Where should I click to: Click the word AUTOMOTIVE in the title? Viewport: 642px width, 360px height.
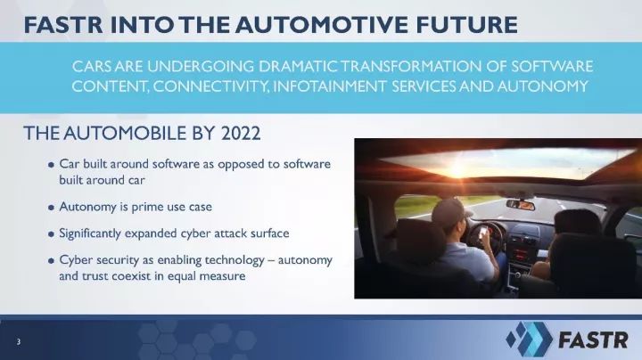coord(322,25)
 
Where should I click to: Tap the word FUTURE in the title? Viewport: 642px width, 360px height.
coord(466,25)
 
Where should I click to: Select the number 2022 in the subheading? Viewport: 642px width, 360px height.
coord(241,134)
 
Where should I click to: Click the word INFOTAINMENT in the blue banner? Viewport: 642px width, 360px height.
coord(330,86)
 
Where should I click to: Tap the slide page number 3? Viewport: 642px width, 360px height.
coord(19,341)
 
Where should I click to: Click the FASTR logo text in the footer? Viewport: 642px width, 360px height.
coord(593,340)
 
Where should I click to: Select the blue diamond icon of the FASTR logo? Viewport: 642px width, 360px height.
coord(529,339)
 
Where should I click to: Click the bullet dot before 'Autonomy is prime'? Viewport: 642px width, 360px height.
coord(51,208)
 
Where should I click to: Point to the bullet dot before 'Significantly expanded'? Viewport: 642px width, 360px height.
coord(51,234)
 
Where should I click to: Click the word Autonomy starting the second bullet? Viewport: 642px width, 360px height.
coord(88,207)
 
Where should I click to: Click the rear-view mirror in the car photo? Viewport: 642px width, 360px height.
coord(521,205)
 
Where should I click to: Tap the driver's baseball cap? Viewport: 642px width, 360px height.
coord(451,210)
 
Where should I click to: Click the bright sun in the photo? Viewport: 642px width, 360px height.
coord(458,168)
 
